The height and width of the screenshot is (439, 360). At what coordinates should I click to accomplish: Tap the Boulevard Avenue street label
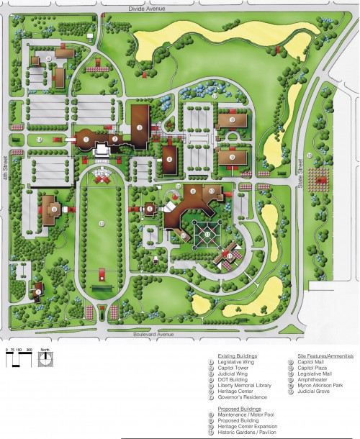[x=156, y=334]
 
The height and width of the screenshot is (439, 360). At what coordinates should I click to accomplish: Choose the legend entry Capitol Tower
[x=238, y=368]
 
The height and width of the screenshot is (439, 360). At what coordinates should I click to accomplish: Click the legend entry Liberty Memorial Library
[x=248, y=385]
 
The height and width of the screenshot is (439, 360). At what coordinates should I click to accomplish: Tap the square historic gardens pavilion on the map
[x=207, y=234]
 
